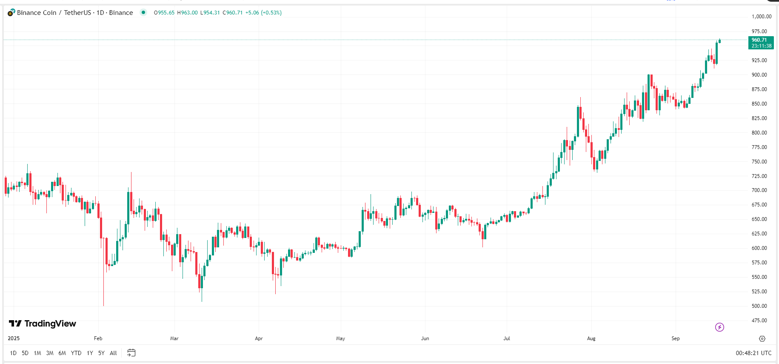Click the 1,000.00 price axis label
761,17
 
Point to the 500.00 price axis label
759,306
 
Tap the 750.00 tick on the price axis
759,162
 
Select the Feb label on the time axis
98,338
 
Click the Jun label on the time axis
425,338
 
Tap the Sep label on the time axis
676,338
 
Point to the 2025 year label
14,338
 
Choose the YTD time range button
76,353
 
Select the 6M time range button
62,353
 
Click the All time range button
113,353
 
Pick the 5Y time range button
101,353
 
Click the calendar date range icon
131,353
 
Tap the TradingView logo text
43,324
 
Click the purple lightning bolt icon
719,327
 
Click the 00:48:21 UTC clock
753,353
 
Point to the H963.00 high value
188,13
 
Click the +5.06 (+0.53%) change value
263,13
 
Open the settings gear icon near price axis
762,338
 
